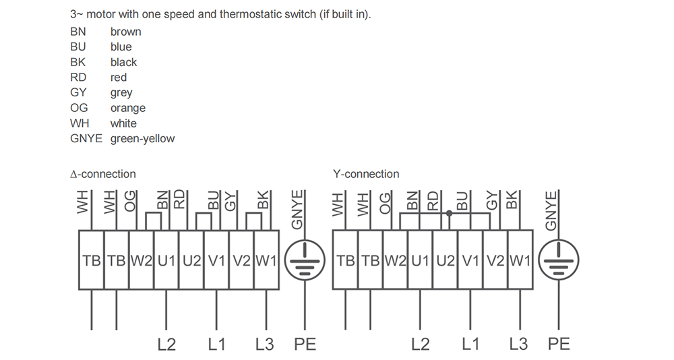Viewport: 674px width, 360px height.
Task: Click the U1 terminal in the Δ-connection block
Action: tap(166, 260)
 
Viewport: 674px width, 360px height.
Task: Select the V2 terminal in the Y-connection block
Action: tap(495, 260)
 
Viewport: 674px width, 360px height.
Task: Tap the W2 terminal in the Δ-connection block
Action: tap(142, 260)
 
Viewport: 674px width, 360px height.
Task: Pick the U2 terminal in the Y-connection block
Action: tap(446, 260)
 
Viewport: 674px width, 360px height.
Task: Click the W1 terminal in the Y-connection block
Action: tap(520, 260)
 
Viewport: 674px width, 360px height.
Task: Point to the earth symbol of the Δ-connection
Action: tap(305, 260)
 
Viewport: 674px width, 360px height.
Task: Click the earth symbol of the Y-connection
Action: tap(559, 260)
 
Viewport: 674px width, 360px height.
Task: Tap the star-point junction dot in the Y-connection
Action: tap(449, 213)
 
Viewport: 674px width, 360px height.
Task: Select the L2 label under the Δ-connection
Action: tap(166, 344)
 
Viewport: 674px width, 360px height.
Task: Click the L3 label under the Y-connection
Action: tap(518, 344)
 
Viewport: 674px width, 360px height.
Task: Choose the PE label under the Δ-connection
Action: tap(305, 344)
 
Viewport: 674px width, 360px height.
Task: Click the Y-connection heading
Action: tap(366, 174)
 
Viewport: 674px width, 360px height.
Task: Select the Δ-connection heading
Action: tap(102, 174)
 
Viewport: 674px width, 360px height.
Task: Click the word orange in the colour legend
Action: tap(127, 108)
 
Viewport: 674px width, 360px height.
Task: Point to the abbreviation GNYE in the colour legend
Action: tap(86, 138)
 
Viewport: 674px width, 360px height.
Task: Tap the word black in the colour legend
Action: tap(123, 62)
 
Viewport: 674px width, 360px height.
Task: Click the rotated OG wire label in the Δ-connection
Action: tap(130, 202)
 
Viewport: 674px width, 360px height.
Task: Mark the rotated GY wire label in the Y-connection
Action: tap(492, 201)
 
